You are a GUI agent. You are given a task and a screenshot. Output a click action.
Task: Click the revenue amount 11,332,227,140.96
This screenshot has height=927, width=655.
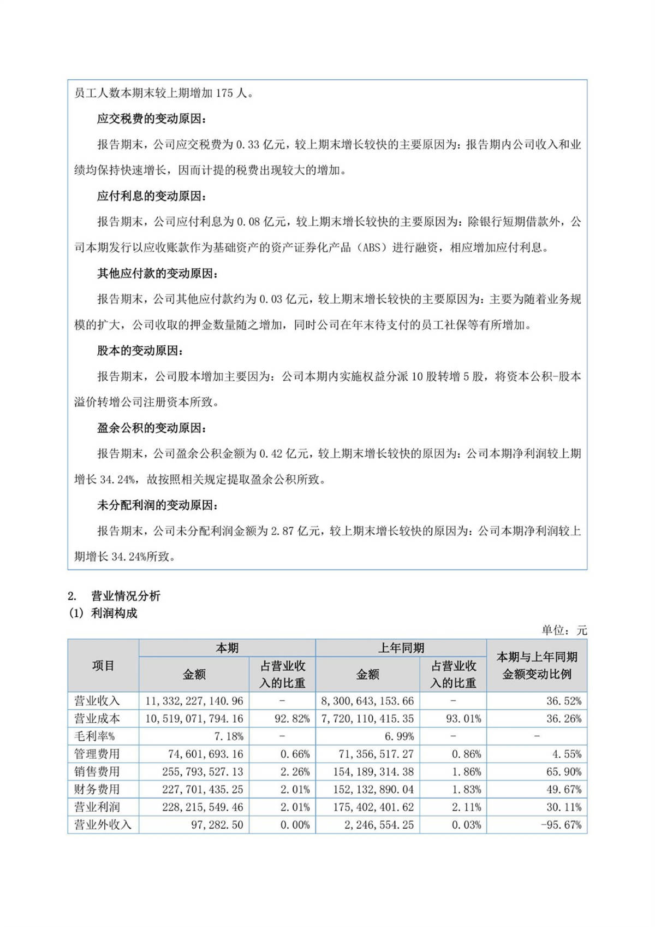click(194, 701)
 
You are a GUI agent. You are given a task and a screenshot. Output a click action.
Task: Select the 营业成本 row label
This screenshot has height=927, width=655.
click(97, 719)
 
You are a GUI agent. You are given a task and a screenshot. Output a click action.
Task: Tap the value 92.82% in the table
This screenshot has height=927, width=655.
click(291, 719)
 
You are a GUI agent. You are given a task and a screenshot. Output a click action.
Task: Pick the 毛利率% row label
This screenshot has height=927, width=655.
click(94, 736)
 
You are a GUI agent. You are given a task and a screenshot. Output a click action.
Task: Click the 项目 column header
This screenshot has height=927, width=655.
click(103, 665)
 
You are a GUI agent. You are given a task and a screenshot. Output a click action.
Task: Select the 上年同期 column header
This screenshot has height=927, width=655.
click(401, 648)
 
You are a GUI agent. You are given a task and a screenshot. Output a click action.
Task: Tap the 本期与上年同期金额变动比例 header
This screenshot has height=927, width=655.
click(537, 665)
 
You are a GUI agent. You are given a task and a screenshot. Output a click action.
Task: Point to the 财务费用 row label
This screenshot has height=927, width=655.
click(97, 789)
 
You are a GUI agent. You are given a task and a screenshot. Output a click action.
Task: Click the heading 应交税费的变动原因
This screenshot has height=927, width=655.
click(152, 119)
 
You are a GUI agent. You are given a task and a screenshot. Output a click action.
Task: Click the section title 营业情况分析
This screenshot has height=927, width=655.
click(126, 596)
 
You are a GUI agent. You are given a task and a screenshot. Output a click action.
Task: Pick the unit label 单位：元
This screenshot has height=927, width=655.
click(564, 630)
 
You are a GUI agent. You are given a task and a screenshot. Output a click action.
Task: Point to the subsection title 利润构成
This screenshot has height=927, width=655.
click(114, 613)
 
